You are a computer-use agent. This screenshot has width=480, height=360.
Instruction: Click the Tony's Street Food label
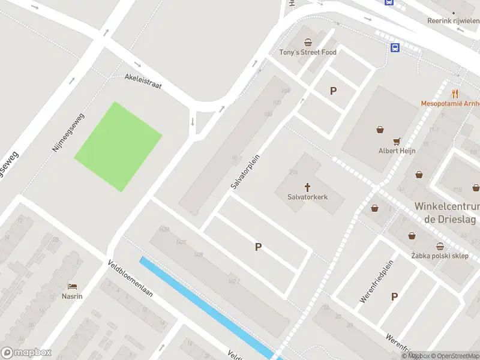coord(308,52)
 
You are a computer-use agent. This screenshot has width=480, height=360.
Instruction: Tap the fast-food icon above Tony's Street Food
coord(308,42)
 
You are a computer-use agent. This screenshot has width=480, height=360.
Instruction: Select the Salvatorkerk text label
coord(307,196)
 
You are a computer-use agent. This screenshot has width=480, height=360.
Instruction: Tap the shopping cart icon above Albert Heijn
coord(397,142)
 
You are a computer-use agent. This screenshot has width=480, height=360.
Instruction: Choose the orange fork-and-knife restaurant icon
coord(455,93)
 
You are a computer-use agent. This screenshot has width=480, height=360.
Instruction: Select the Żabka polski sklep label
coord(440,256)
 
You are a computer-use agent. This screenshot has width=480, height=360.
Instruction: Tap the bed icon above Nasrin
coord(73,286)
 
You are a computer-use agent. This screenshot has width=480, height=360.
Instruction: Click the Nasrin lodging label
coord(72,296)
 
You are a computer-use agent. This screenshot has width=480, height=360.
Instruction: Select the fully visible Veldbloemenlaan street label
coord(131,287)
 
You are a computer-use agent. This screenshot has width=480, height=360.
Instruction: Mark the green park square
coord(118,146)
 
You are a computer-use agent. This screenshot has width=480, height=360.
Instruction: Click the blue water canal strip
coord(204,306)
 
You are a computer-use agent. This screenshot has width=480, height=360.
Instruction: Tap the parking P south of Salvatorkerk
coord(259,247)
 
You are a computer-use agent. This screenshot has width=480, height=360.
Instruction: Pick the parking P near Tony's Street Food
coord(333,91)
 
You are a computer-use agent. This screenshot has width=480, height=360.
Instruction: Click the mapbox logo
coord(26,353)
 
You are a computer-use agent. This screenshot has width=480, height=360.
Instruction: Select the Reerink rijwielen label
coord(453,20)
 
